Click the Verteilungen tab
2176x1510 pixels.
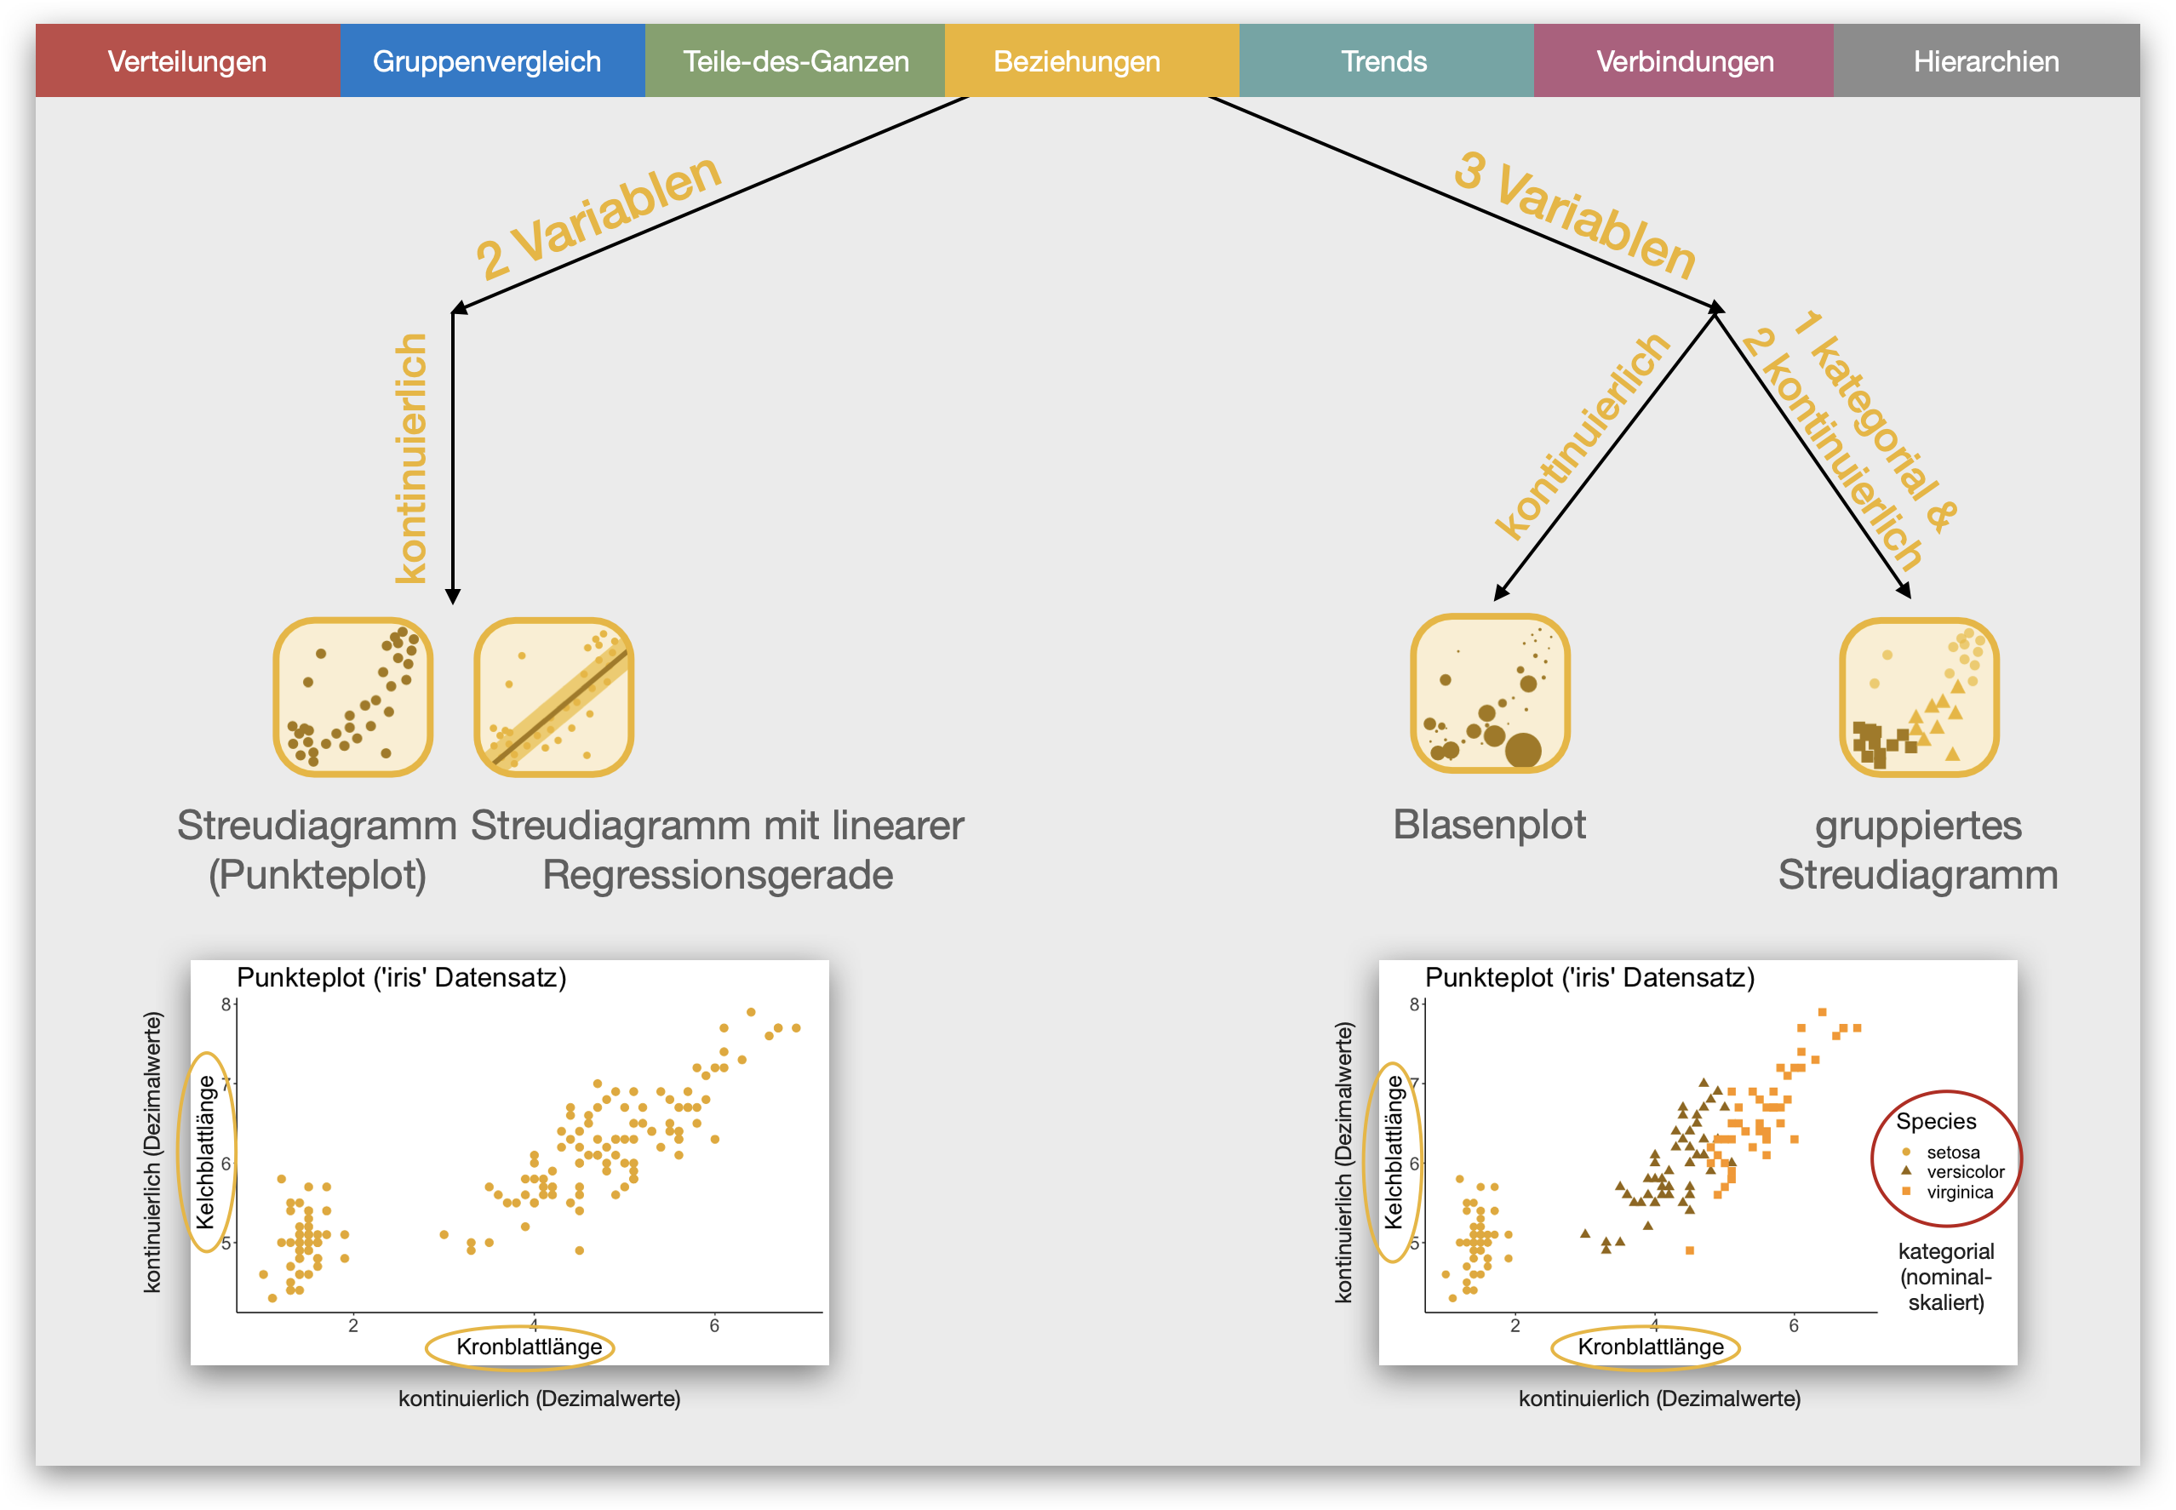tap(187, 61)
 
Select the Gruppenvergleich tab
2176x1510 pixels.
tap(487, 61)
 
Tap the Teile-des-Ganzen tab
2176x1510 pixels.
tap(796, 61)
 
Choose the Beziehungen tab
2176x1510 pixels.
tap(1077, 61)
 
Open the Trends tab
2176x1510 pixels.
tap(1384, 61)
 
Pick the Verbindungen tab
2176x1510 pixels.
tap(1685, 61)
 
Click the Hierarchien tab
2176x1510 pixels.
tap(1986, 61)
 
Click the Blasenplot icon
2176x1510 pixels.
tap(1490, 694)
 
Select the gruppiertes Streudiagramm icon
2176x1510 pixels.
tap(1919, 697)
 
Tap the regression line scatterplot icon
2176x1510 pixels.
tap(553, 697)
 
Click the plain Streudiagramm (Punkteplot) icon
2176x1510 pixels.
tap(353, 697)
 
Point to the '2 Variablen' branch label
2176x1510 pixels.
tap(598, 217)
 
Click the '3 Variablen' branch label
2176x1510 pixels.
tap(1575, 214)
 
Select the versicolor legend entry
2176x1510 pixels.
tap(1964, 1172)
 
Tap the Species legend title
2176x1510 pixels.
tap(1936, 1122)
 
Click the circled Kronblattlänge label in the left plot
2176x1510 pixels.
tap(529, 1347)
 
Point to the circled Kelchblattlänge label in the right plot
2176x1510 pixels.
tap(1393, 1153)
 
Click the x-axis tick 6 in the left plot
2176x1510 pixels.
tap(714, 1326)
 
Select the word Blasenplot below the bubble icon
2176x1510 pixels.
tap(1489, 825)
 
